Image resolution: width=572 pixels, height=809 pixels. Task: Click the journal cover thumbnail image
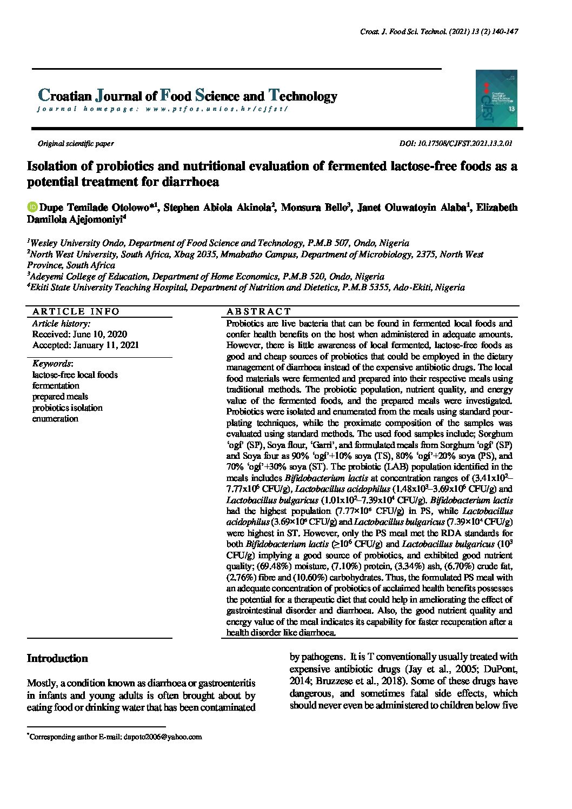pos(496,98)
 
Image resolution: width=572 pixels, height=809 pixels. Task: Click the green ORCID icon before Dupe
pos(32,208)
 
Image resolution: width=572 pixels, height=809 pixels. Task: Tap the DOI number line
pos(455,144)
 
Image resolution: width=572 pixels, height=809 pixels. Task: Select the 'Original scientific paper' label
pos(75,144)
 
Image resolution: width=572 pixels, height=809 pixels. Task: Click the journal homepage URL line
pos(162,109)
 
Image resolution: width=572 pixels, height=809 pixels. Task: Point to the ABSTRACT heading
pos(258,311)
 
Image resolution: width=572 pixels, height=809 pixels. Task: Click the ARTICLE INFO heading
pos(76,311)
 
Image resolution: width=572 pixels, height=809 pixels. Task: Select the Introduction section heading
pos(57,658)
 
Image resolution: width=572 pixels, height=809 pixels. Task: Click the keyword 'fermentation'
pos(56,386)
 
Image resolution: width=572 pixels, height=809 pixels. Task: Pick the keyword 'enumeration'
pos(55,419)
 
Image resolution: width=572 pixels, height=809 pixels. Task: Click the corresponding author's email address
pos(163,737)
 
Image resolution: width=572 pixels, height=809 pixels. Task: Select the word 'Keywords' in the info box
pos(52,364)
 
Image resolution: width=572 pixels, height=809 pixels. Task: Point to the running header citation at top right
pos(439,32)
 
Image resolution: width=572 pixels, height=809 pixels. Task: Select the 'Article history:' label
pos(61,323)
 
